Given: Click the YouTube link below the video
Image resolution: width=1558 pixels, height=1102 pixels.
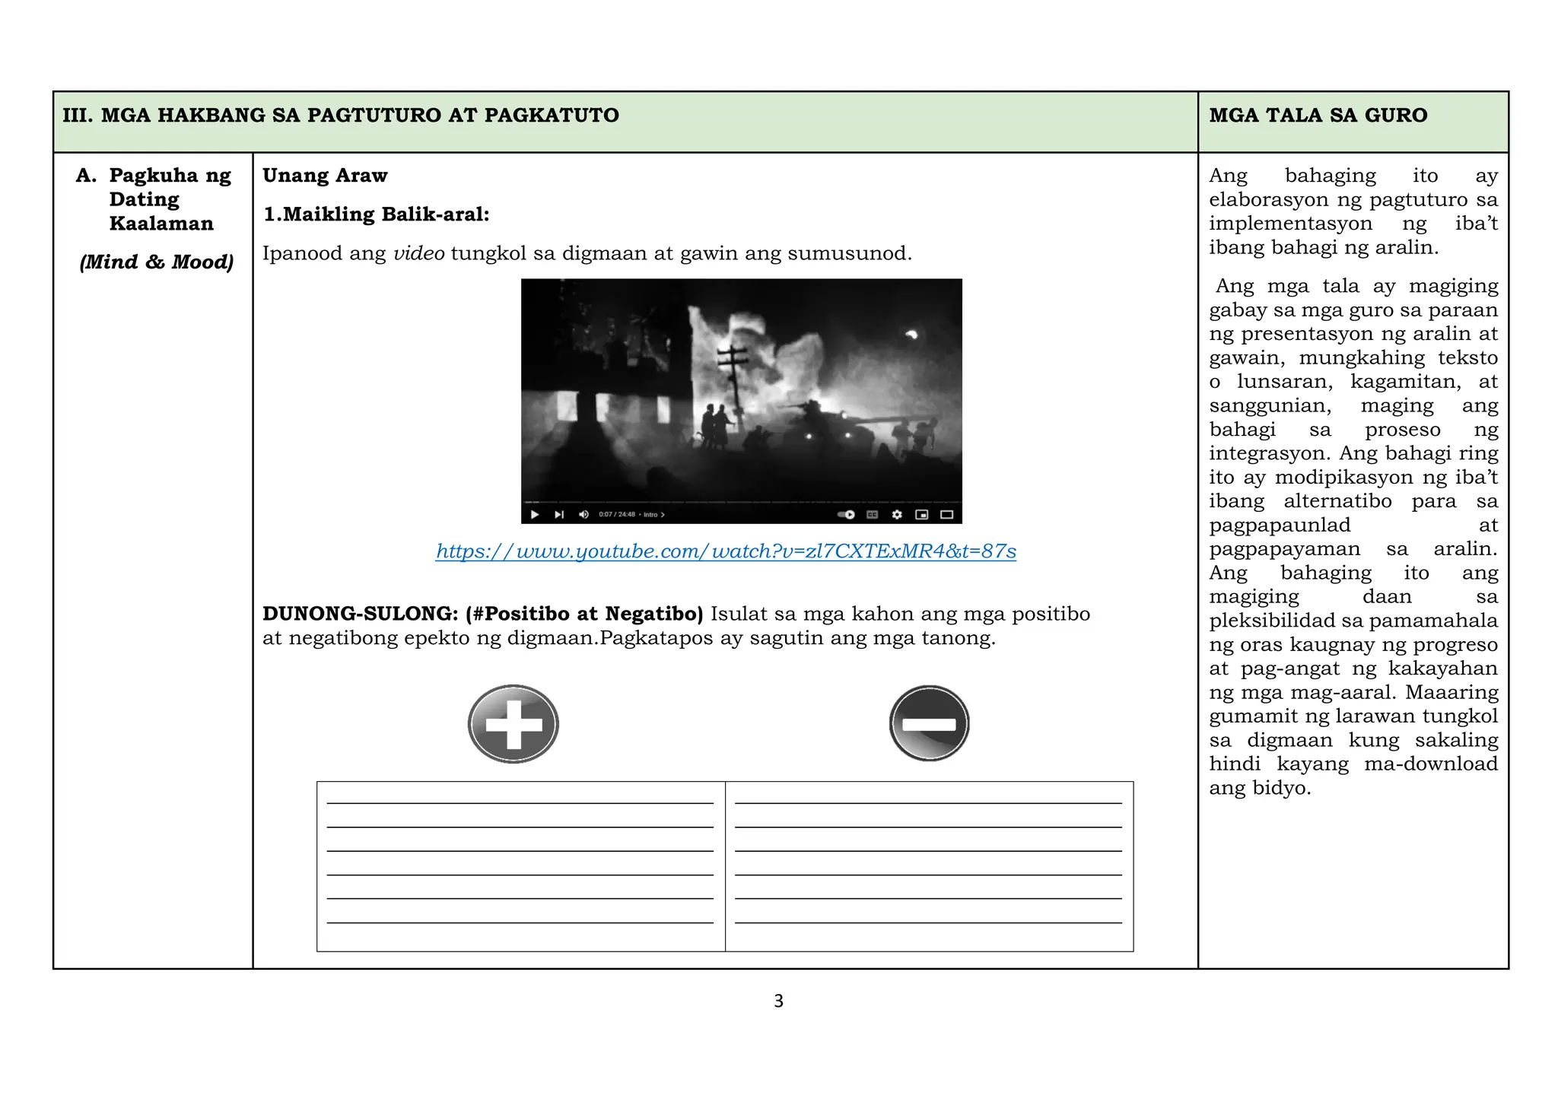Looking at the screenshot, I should [726, 551].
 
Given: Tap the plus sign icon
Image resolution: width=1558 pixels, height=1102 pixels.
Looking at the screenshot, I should [514, 724].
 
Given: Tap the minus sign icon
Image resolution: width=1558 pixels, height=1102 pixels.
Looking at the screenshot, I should [929, 724].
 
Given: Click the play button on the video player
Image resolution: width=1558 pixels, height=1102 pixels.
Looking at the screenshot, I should [535, 515].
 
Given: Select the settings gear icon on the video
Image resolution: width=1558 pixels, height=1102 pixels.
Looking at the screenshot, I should [897, 515].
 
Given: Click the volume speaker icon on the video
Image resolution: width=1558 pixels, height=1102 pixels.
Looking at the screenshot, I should [583, 515].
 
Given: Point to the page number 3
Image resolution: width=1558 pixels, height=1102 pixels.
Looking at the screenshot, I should [778, 1001].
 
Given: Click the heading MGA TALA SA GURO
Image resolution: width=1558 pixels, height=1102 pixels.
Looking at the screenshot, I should [1318, 116].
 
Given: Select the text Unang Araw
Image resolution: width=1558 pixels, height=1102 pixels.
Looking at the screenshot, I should [325, 176].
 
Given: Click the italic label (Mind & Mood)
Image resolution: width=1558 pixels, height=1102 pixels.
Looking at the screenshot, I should [157, 262].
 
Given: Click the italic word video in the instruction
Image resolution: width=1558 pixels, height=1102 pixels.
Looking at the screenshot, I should [418, 253].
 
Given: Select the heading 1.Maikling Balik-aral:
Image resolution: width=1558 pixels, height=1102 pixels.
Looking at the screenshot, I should [376, 214].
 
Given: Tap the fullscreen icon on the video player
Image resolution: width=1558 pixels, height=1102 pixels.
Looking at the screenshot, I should [946, 515].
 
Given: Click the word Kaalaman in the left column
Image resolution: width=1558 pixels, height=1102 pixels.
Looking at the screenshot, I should [161, 224].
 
